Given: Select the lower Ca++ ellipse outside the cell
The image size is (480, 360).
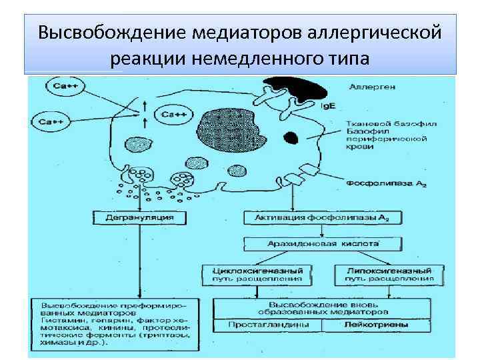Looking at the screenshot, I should (x=51, y=121).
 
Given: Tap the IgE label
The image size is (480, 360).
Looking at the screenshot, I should (x=329, y=106).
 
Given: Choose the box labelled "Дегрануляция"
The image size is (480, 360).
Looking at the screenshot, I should (x=139, y=217).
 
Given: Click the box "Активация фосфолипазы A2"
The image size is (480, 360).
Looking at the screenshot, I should (x=321, y=217).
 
